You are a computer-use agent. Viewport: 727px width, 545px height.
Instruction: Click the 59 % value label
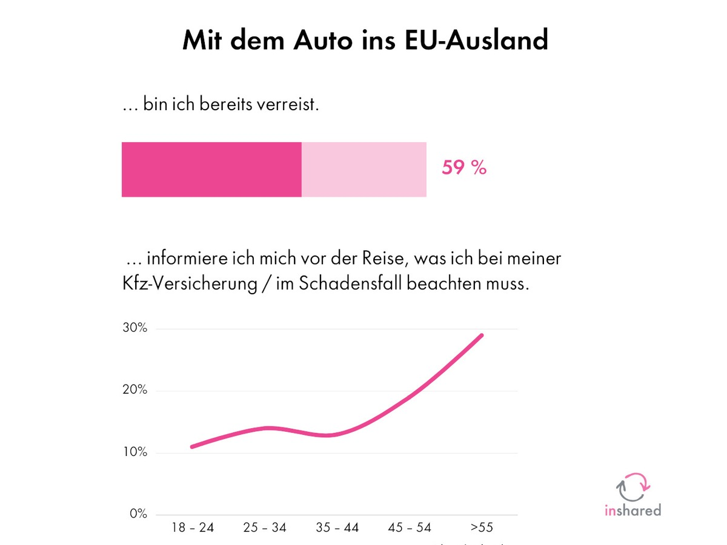pyautogui.click(x=464, y=168)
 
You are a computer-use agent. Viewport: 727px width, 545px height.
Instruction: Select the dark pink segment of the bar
pyautogui.click(x=211, y=170)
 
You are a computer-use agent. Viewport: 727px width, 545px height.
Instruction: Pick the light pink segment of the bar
pyautogui.click(x=364, y=170)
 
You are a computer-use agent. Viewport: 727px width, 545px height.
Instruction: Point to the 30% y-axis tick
pyautogui.click(x=134, y=328)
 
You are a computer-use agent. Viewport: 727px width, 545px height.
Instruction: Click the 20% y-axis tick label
pyautogui.click(x=134, y=390)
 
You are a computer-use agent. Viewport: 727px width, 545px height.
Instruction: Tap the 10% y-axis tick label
pyautogui.click(x=134, y=452)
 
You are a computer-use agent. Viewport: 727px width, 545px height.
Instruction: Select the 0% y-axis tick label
pyautogui.click(x=138, y=514)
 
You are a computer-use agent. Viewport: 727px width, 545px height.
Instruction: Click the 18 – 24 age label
pyautogui.click(x=193, y=527)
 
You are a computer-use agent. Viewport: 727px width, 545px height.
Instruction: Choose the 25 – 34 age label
pyautogui.click(x=265, y=527)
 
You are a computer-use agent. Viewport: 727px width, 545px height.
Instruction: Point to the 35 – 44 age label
pyautogui.click(x=337, y=527)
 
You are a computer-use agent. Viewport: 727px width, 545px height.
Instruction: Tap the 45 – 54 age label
pyautogui.click(x=410, y=527)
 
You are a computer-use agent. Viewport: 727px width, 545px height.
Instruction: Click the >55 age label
pyautogui.click(x=482, y=527)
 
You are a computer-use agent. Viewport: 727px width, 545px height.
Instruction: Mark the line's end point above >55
pyautogui.click(x=482, y=335)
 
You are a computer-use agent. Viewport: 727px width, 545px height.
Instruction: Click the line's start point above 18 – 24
pyautogui.click(x=192, y=447)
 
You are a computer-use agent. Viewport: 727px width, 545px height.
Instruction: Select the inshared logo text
pyautogui.click(x=632, y=510)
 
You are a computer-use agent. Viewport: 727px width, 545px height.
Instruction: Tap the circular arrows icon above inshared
pyautogui.click(x=632, y=486)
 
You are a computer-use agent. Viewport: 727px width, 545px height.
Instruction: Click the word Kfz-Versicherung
pyautogui.click(x=190, y=284)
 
